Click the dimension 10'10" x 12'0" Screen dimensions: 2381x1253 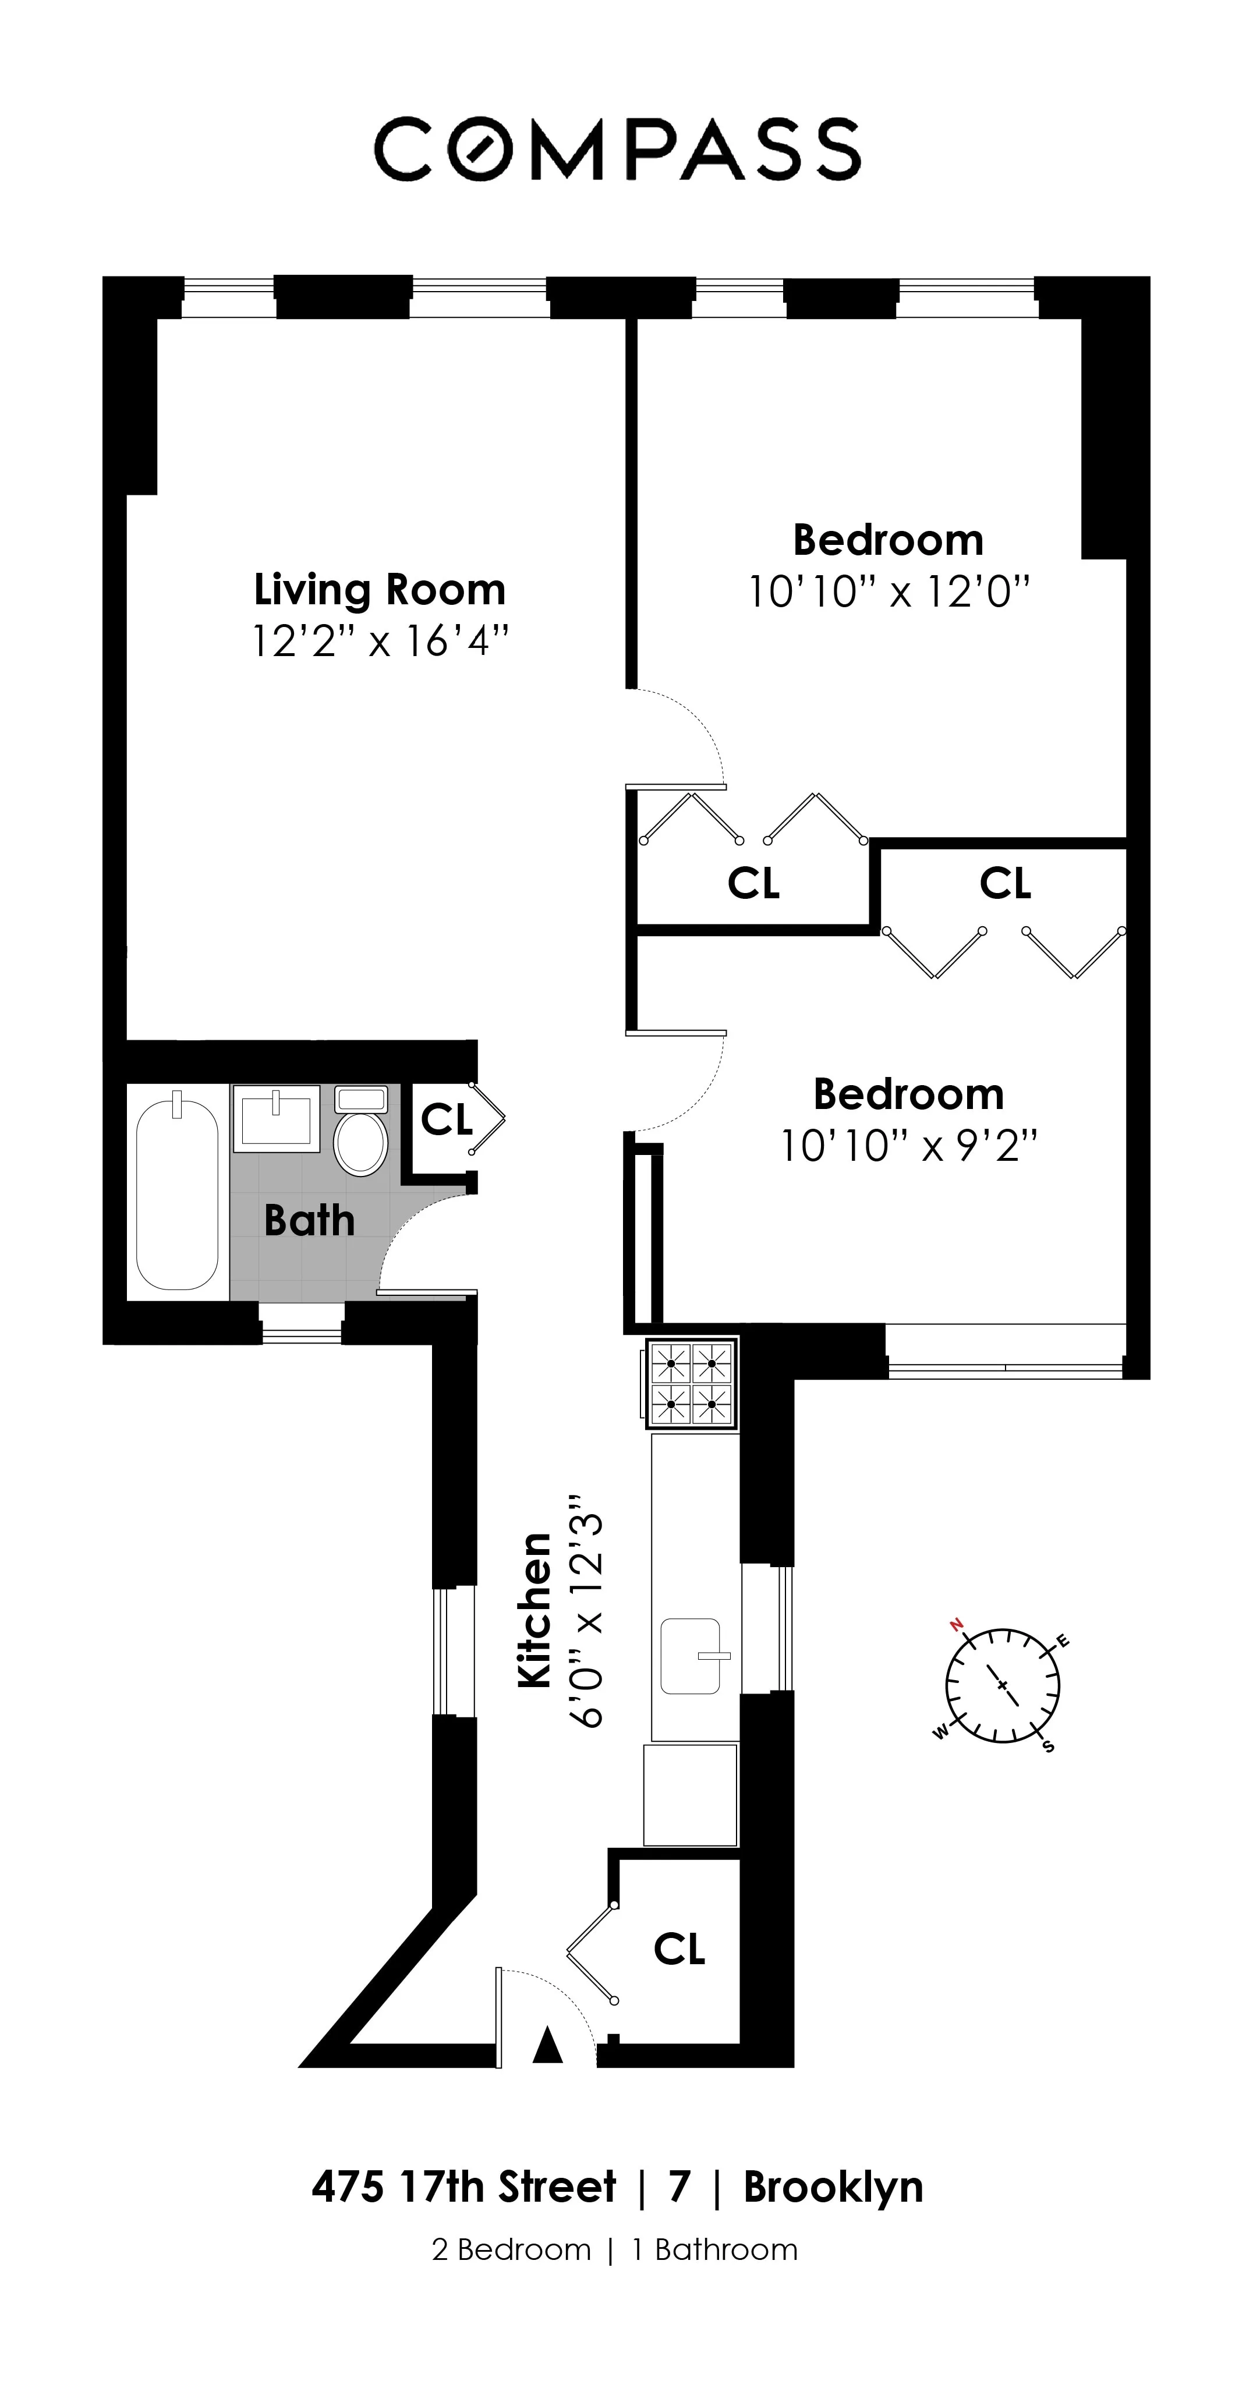888,591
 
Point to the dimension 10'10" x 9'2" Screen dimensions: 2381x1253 909,1147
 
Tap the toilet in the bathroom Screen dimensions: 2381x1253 360,1132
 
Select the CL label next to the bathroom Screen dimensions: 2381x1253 447,1120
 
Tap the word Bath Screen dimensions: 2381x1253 309,1221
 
